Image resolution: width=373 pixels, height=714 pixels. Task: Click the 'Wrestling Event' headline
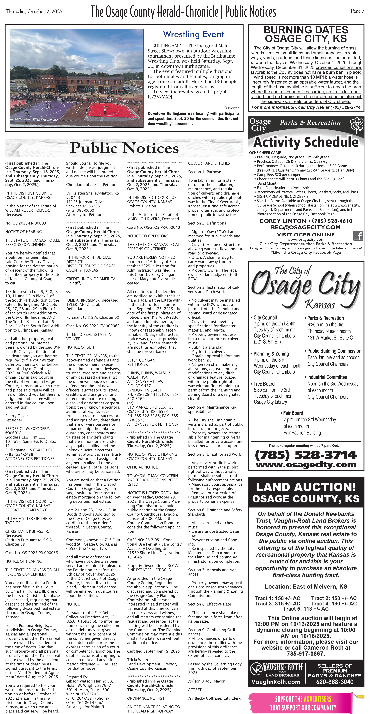(193, 34)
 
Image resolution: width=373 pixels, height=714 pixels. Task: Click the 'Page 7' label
(357, 11)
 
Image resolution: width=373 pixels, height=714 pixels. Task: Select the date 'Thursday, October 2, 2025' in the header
(34, 11)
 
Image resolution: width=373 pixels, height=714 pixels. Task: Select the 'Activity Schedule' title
(306, 142)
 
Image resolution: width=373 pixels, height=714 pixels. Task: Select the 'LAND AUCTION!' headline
(306, 487)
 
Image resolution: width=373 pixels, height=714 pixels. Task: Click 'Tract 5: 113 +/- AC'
(306, 609)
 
